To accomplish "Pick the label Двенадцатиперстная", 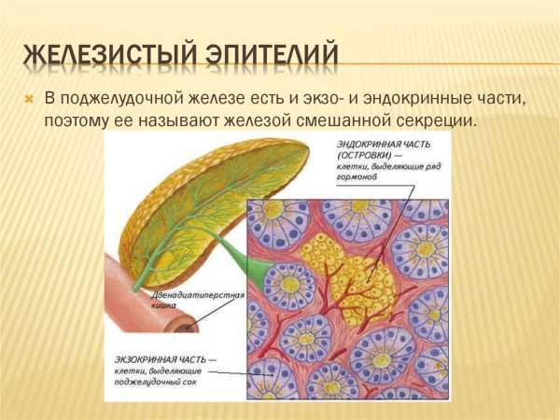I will coord(198,295).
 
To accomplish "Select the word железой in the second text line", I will coord(229,120).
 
